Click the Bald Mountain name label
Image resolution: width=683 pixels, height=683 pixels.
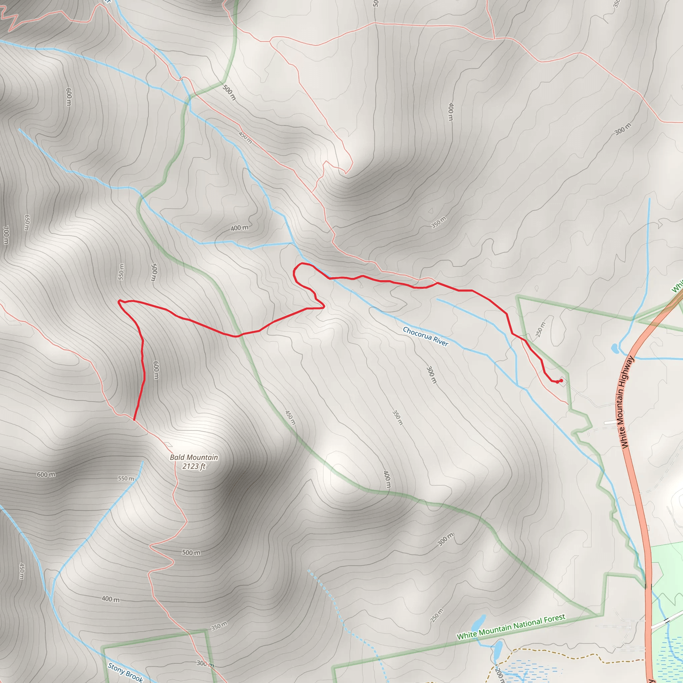(x=194, y=458)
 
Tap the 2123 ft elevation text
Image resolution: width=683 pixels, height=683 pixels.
(x=194, y=466)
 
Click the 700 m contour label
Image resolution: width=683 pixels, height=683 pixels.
(x=6, y=235)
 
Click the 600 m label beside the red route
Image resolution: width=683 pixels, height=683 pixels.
(x=156, y=370)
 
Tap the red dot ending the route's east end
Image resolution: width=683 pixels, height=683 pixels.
(x=561, y=381)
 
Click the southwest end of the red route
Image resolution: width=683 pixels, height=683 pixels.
(x=134, y=420)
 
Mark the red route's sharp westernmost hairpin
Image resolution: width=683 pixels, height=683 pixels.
(x=119, y=301)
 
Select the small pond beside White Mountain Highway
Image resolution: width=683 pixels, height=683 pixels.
(x=614, y=348)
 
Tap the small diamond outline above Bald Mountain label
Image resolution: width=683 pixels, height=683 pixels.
(x=168, y=444)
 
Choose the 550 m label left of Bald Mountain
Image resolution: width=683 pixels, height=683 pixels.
(x=126, y=479)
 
